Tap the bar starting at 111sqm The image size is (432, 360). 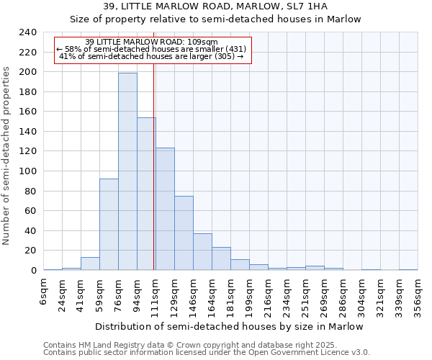(x=165, y=209)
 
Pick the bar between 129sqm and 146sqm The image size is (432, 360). (x=184, y=233)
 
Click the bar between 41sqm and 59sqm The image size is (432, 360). (x=90, y=264)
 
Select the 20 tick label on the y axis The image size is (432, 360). (x=30, y=251)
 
